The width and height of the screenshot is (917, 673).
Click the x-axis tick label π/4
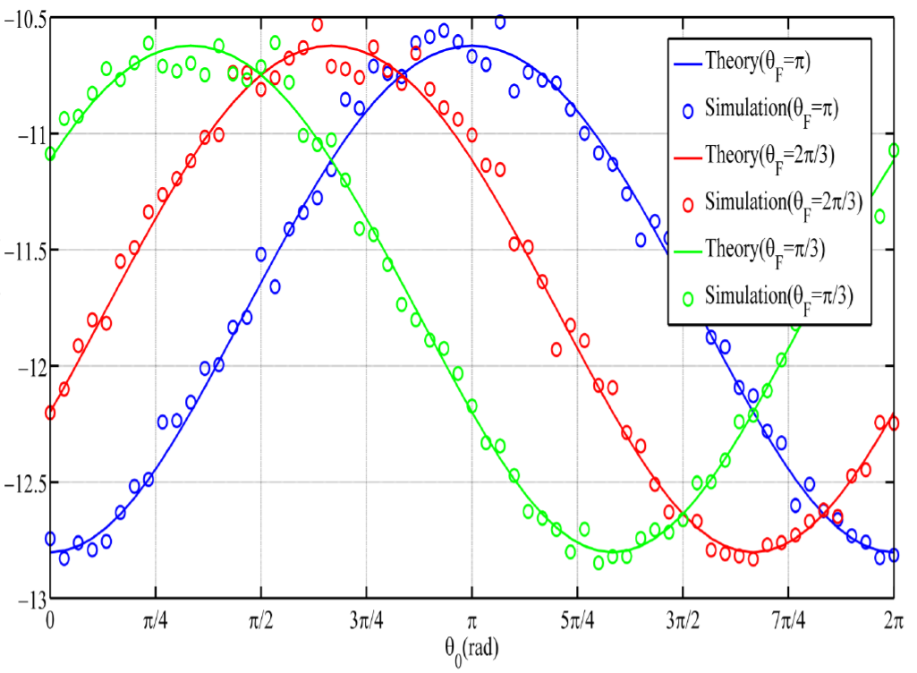(156, 619)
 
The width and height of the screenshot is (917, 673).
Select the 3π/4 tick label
(366, 619)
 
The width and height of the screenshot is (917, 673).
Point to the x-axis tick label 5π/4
(577, 619)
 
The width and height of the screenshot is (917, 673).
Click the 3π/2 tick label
(683, 619)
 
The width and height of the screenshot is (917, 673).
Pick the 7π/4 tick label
(788, 619)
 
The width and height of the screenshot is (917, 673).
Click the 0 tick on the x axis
(50, 619)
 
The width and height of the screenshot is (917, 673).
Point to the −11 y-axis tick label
(25, 134)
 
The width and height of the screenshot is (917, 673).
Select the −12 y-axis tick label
(25, 366)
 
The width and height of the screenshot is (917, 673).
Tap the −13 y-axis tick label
(25, 598)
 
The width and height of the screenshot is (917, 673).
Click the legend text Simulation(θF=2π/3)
(784, 201)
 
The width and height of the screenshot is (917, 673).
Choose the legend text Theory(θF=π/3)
(765, 248)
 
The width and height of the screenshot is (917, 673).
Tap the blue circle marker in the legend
(688, 111)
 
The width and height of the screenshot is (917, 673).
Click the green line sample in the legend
(688, 248)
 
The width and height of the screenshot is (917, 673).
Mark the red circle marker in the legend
(688, 203)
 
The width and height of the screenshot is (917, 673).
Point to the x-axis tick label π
(471, 619)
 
